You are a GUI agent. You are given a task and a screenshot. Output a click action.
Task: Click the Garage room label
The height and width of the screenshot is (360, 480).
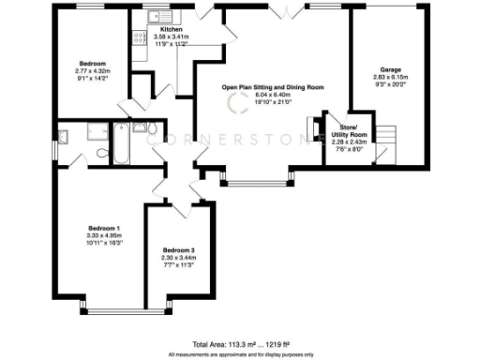[391, 69]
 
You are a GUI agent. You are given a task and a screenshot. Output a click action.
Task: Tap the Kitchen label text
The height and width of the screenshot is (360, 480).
[158, 30]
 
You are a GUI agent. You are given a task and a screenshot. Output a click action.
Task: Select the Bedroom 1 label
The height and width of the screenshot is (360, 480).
[104, 229]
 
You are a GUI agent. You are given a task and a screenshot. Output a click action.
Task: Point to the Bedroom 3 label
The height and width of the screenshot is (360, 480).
[179, 250]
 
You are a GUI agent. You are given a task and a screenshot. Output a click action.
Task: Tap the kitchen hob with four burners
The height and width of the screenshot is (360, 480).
[139, 37]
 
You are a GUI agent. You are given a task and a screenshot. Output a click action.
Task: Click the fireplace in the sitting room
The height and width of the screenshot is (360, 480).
[312, 128]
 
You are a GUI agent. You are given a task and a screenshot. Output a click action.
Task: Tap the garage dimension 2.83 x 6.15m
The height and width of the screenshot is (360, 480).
[391, 77]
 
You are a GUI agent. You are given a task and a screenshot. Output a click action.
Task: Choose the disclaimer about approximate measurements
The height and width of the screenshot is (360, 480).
[240, 354]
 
